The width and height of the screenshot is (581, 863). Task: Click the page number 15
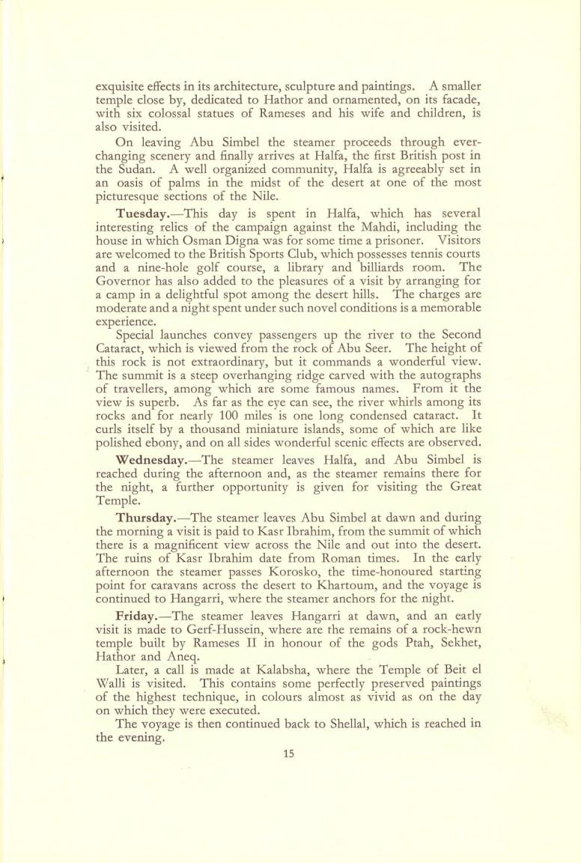[290, 754]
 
